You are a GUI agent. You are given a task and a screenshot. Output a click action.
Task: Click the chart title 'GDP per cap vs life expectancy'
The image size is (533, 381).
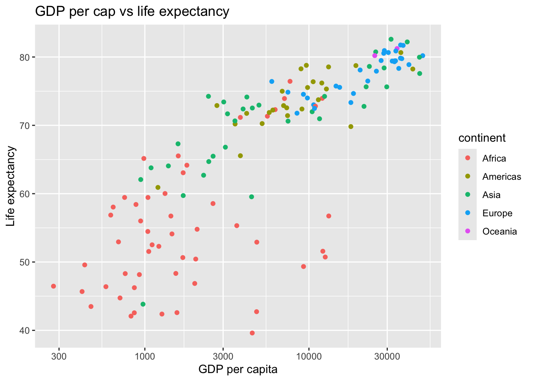coord(132,12)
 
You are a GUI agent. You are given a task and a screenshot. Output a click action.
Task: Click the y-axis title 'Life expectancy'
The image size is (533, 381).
coord(11,186)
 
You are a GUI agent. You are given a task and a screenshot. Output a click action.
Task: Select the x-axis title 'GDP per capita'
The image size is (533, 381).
coord(238,369)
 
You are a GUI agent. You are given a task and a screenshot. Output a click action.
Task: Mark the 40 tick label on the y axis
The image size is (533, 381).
coord(25,331)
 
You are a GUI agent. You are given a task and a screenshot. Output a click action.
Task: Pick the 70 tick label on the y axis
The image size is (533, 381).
coord(25,126)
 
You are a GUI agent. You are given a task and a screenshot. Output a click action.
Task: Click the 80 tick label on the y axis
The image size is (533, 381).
coord(25,58)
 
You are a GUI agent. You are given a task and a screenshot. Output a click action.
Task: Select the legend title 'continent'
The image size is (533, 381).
coord(482,138)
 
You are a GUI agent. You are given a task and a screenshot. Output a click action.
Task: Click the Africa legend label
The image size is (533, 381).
coord(494,158)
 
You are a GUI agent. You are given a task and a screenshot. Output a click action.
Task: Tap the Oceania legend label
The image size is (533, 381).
coord(499,231)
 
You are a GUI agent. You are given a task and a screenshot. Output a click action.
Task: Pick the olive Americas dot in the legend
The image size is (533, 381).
coord(468,177)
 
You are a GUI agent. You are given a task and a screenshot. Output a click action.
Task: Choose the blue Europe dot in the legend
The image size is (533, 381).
coord(468,213)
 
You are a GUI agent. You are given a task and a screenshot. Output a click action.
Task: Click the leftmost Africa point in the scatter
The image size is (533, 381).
coord(54,286)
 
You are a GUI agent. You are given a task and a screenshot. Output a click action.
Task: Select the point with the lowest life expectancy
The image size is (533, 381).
coord(252,333)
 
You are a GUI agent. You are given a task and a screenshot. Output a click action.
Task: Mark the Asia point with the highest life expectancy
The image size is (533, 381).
coord(391,39)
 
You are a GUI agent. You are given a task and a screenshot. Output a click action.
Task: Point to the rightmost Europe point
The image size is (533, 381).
coord(423,56)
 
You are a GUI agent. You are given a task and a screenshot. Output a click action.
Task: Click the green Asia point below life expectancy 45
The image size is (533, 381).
coord(143,304)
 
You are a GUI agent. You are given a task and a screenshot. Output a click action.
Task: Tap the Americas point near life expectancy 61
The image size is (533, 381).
coord(158,187)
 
